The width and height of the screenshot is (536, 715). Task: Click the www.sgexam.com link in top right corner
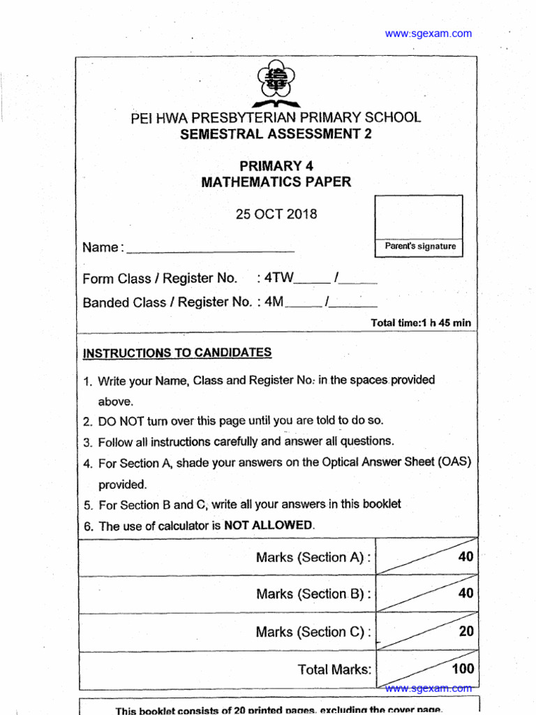(x=428, y=34)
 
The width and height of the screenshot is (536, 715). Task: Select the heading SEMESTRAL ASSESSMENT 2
(x=276, y=135)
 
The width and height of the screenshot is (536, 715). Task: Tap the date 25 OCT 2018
(x=276, y=214)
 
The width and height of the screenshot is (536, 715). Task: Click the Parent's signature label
(x=420, y=246)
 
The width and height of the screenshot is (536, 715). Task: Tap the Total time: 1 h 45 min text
(x=421, y=323)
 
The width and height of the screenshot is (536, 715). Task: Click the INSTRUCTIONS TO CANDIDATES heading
(x=177, y=353)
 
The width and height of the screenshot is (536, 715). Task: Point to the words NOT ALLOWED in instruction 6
(x=269, y=526)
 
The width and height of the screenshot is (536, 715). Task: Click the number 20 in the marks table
(x=466, y=631)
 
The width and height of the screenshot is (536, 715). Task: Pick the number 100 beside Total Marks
(x=463, y=668)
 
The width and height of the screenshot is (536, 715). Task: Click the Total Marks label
(x=334, y=670)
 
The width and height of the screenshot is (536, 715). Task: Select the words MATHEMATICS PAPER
(x=276, y=182)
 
